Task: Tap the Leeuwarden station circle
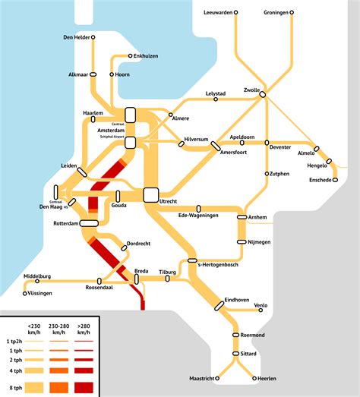[235, 13]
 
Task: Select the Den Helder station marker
[93, 36]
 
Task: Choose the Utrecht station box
[150, 195]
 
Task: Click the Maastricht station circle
[216, 377]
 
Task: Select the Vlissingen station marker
[25, 292]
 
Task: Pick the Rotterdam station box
[88, 223]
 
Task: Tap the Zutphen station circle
[267, 174]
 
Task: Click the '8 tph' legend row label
[14, 387]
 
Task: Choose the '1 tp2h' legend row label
[12, 343]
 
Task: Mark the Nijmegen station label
[257, 242]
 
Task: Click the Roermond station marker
[235, 335]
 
